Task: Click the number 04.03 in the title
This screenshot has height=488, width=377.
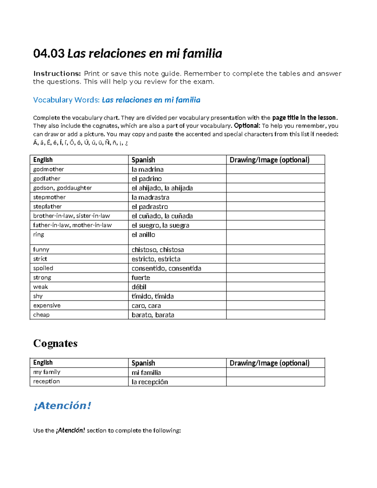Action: click(x=49, y=54)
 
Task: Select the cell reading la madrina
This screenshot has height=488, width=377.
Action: click(x=148, y=169)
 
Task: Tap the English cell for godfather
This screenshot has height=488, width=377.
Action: click(x=47, y=178)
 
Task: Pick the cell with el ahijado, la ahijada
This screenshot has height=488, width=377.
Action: click(x=162, y=188)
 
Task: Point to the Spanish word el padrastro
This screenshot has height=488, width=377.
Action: click(x=150, y=206)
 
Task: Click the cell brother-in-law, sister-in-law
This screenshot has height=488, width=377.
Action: click(x=72, y=216)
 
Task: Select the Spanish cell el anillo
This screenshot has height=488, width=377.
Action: click(x=143, y=235)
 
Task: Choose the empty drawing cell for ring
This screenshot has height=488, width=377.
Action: click(x=275, y=237)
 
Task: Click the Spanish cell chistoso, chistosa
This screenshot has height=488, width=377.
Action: click(x=158, y=249)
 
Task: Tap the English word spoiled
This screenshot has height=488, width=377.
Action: click(x=43, y=268)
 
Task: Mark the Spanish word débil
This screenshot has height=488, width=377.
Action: click(x=139, y=287)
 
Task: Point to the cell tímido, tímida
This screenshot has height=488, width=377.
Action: click(x=153, y=296)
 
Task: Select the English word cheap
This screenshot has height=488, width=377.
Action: click(x=41, y=315)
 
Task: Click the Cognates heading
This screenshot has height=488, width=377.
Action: click(x=55, y=343)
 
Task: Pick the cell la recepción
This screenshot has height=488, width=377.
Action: click(x=150, y=382)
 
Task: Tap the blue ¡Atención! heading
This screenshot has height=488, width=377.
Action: click(x=62, y=405)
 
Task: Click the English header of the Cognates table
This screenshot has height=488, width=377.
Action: click(x=43, y=363)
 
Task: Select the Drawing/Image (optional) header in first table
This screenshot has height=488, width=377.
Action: click(x=269, y=160)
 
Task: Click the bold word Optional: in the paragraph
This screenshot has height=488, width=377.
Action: click(x=247, y=126)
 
